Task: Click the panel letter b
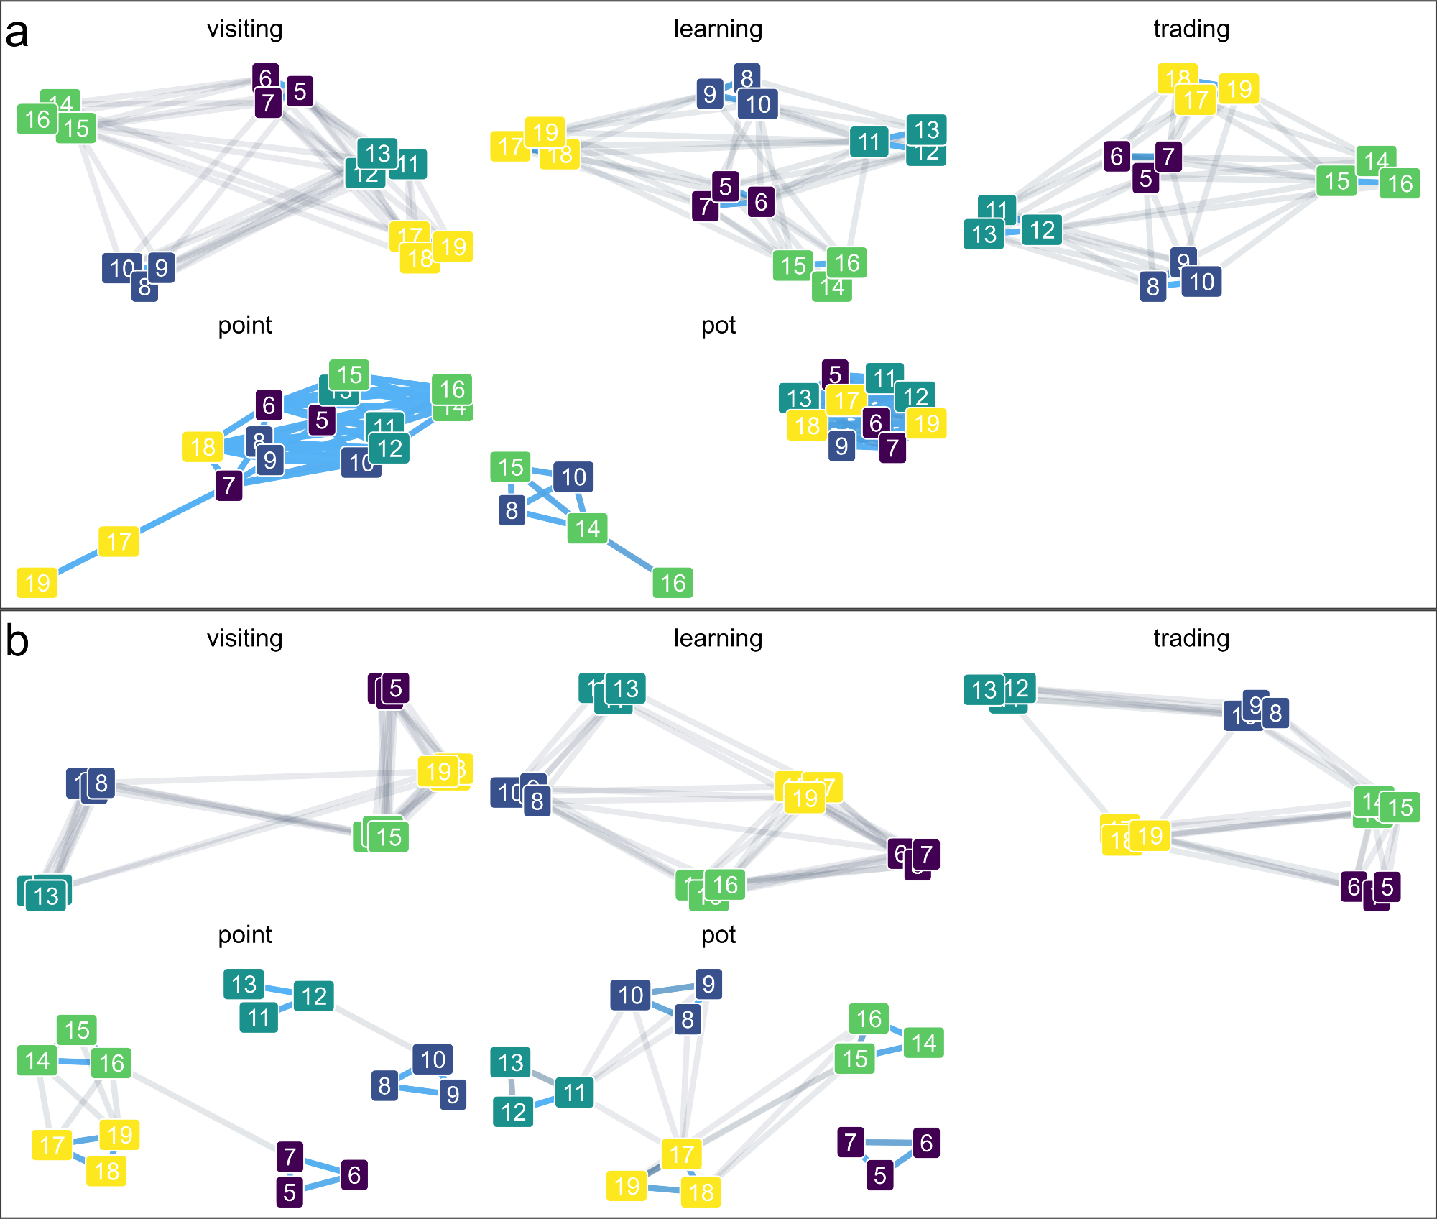point(17,641)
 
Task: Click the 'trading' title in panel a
point(1191,29)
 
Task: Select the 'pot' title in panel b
point(718,934)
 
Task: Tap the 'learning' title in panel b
point(718,638)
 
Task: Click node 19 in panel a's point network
point(37,582)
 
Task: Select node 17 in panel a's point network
point(119,541)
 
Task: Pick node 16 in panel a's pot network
point(673,582)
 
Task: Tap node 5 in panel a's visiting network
point(300,91)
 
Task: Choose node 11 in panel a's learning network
point(869,142)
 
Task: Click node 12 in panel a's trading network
point(1042,230)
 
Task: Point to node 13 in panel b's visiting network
point(47,896)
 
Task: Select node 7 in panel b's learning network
point(926,855)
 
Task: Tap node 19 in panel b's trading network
point(1150,836)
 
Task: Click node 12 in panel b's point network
point(314,996)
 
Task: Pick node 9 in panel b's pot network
point(708,984)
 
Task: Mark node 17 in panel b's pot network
point(681,1155)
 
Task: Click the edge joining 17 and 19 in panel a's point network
point(78,561)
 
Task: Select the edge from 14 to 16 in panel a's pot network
point(630,555)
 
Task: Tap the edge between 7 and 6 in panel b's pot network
point(889,1142)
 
